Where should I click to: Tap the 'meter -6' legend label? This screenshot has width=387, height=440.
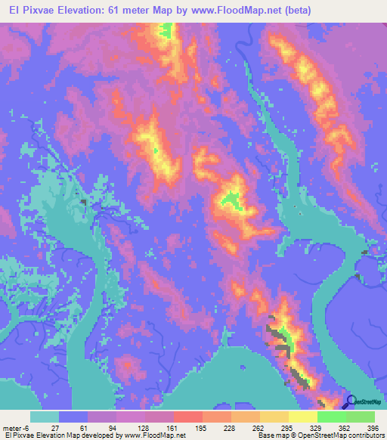pos(17,428)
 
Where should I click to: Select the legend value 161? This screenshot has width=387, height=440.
pos(154,428)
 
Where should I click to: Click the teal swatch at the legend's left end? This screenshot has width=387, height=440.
pos(45,417)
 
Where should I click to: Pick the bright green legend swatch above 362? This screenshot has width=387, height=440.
pos(331,417)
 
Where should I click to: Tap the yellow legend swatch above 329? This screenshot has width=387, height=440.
pos(302,417)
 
